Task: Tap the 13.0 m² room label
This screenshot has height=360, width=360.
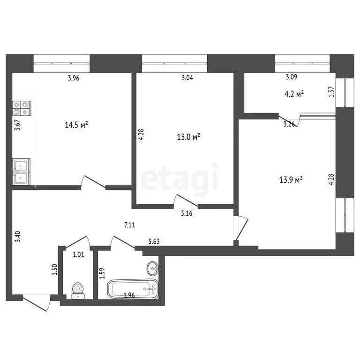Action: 189,137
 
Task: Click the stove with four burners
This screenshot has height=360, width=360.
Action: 22,108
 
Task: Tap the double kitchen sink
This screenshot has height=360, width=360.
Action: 22,171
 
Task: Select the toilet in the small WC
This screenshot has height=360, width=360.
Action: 78,291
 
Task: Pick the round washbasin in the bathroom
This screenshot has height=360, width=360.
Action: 152,269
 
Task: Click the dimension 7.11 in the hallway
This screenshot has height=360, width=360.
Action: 130,225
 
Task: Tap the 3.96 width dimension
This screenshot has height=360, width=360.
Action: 74,78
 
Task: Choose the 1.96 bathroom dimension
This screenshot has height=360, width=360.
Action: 129,295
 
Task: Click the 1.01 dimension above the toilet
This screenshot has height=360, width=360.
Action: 78,255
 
